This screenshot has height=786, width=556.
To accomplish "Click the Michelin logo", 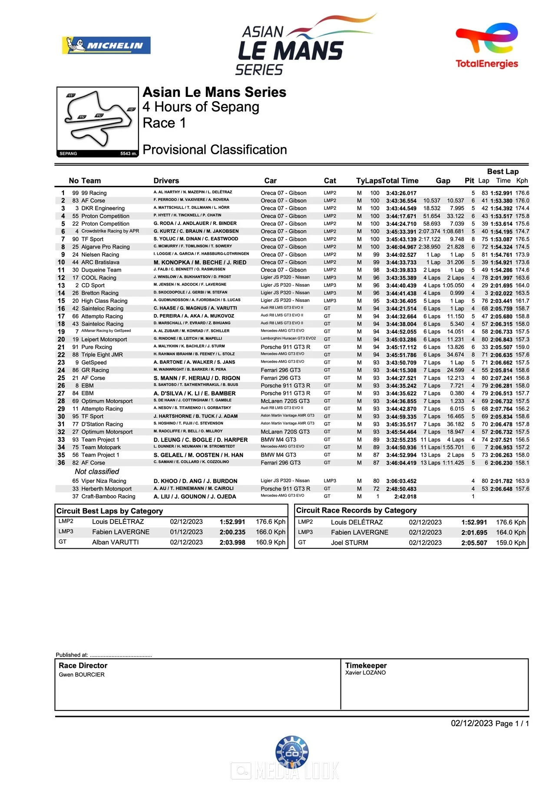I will (106, 45).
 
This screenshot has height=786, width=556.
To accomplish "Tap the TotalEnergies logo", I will (486, 46).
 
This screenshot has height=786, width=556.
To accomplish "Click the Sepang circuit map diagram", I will (97, 121).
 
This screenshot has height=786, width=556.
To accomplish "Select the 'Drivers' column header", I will (166, 181).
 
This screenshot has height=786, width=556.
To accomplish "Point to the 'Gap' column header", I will (443, 181).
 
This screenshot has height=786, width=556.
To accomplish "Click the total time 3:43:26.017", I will (401, 193).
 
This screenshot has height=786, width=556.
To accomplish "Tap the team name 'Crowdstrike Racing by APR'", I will (110, 231).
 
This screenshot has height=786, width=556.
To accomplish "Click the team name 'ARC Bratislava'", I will (100, 262).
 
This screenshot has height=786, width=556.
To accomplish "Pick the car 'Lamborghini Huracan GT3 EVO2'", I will (288, 338).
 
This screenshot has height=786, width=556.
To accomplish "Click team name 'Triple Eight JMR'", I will (102, 355).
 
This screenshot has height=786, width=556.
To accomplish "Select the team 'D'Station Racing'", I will (102, 424).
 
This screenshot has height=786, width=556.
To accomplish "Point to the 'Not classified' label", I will (97, 471).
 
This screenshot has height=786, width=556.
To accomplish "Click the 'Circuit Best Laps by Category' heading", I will (109, 511).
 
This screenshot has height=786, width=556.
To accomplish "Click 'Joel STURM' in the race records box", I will (349, 543).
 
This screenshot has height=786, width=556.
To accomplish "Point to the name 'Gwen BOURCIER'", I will (82, 675).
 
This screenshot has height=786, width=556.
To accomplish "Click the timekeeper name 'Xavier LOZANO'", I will (365, 673).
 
